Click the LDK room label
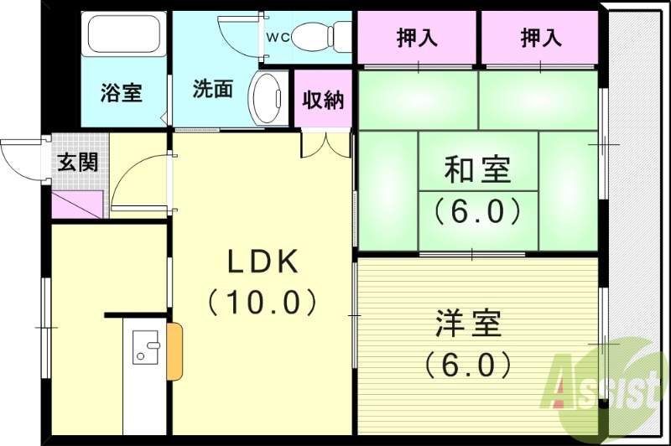[263, 262]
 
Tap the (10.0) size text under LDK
[263, 300]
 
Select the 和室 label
[477, 172]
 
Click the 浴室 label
[122, 92]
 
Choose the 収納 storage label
[323, 100]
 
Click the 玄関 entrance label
[77, 161]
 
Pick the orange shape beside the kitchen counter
[174, 351]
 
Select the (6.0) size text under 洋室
[467, 364]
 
